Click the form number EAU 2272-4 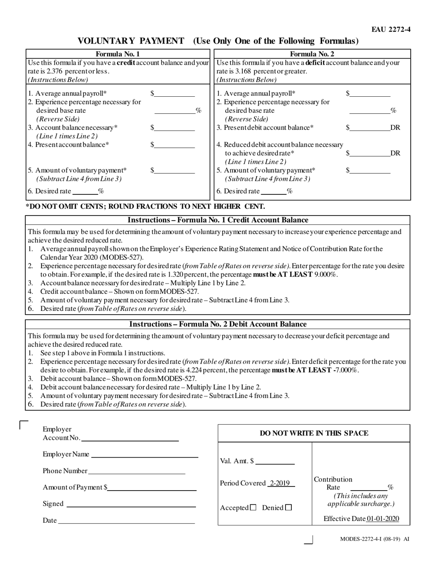coord(391,30)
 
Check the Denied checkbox coord(288,508)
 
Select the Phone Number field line coord(136,472)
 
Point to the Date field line coord(126,521)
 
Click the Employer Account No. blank coord(129,439)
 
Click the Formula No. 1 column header coord(118,54)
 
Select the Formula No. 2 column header coord(312,54)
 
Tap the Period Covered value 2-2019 coord(281,483)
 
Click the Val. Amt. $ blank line coord(275,462)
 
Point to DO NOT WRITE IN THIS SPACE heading coord(314,433)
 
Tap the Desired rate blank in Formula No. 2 coord(274,192)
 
